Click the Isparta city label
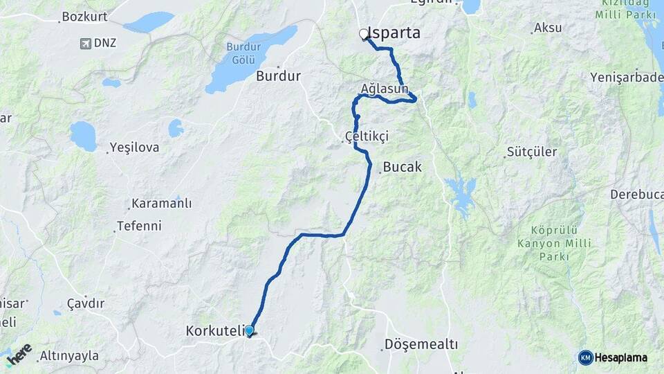coord(396,33)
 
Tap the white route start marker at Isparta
coord(364,34)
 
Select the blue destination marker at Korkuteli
coord(249,331)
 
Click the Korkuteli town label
coord(214,332)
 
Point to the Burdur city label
coord(278,76)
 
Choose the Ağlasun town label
coord(385,89)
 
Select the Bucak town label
coord(402,167)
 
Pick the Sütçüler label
coord(532,152)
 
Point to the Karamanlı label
coord(161,204)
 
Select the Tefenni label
coord(139,226)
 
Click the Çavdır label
coord(86,303)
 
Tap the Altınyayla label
coord(69,356)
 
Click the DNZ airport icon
coord(85,44)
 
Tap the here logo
coord(19,355)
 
